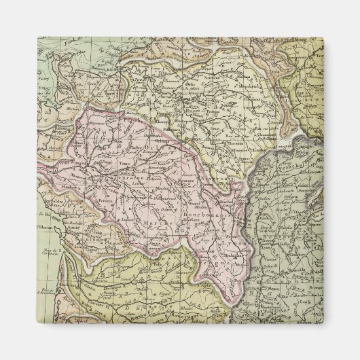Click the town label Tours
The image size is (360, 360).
[x=124, y=164]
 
